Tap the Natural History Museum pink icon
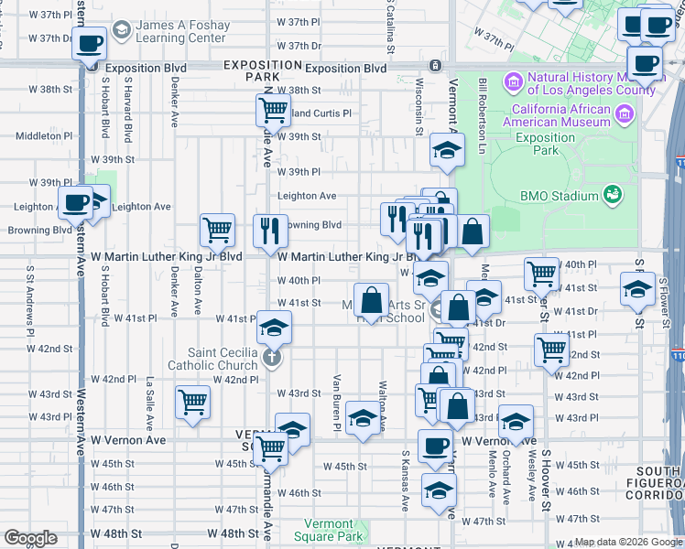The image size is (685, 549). tap(512, 84)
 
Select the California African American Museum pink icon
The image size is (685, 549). tap(625, 114)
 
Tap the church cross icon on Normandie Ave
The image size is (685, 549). tap(271, 357)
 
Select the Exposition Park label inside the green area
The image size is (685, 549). tap(545, 143)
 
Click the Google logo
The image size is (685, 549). tap(31, 538)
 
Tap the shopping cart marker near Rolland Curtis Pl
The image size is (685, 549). tap(273, 111)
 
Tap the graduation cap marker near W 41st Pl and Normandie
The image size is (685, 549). tap(273, 327)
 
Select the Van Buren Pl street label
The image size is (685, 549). tap(337, 403)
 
